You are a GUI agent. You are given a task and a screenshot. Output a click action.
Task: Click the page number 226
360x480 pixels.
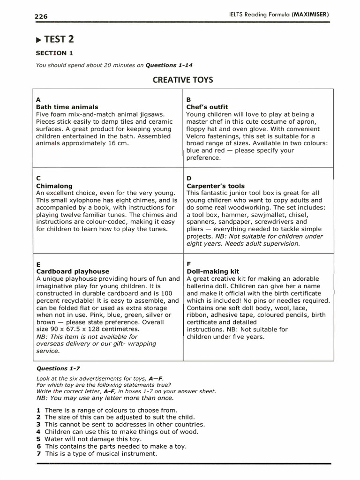[x=41, y=16]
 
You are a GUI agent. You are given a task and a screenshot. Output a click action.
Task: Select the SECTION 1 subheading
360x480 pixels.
[x=54, y=53]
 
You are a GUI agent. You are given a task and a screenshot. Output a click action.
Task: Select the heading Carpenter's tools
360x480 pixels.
[x=215, y=186]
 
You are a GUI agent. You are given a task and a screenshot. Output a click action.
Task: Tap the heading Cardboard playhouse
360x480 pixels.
[x=73, y=271]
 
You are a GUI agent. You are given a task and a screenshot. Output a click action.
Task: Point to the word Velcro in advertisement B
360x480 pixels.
[x=197, y=136]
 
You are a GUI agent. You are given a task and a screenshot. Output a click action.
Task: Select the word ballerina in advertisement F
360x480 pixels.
[x=202, y=286]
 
